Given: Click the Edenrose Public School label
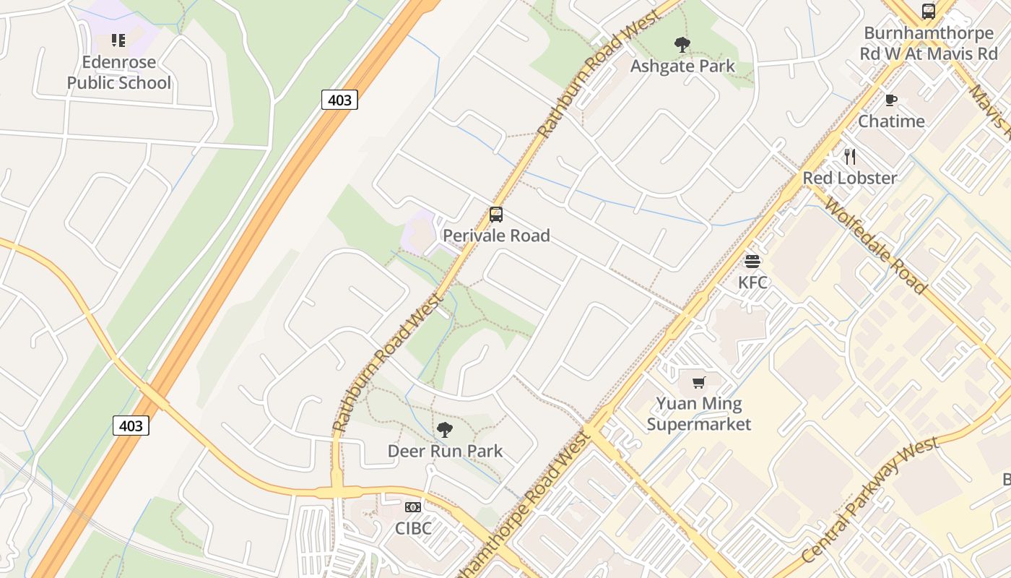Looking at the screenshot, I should pyautogui.click(x=119, y=72).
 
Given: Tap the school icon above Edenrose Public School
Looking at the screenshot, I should pyautogui.click(x=118, y=40).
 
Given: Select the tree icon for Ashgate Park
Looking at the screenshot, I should pyautogui.click(x=682, y=46).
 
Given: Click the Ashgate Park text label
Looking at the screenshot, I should pyautogui.click(x=682, y=66).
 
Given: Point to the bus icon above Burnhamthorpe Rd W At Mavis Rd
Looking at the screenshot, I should pyautogui.click(x=929, y=12).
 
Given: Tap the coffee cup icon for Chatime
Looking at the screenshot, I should pyautogui.click(x=891, y=100).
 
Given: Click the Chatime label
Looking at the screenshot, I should pyautogui.click(x=891, y=121).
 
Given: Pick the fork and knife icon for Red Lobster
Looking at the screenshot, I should pyautogui.click(x=850, y=156).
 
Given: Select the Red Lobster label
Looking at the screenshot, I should pyautogui.click(x=850, y=178).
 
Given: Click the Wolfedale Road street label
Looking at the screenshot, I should pyautogui.click(x=875, y=246).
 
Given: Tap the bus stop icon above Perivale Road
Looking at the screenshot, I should pyautogui.click(x=496, y=215).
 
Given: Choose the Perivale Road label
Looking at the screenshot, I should pyautogui.click(x=496, y=236).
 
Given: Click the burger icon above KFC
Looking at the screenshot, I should pyautogui.click(x=752, y=261).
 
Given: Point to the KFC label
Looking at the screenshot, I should pyautogui.click(x=752, y=282).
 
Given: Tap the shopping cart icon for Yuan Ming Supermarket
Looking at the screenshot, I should pyautogui.click(x=698, y=382).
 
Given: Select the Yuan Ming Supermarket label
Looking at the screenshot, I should pyautogui.click(x=698, y=413).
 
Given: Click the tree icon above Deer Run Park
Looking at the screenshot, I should pyautogui.click(x=445, y=430).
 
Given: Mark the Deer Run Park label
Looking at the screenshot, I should pyautogui.click(x=445, y=451).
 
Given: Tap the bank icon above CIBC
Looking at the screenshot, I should pyautogui.click(x=413, y=507).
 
